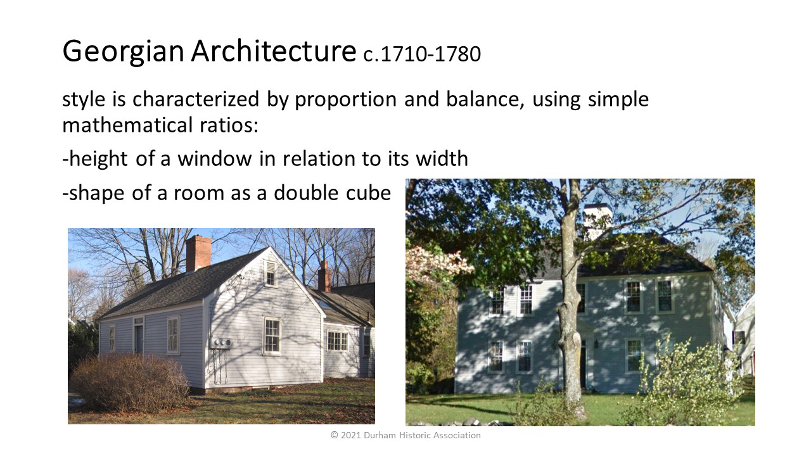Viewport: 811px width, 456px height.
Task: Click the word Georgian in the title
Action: (x=123, y=51)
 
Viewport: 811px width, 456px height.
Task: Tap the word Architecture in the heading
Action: (x=274, y=51)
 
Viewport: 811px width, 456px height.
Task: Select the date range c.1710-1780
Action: (x=422, y=54)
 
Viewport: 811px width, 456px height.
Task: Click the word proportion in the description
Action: (x=346, y=99)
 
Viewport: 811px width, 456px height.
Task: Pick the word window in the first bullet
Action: (x=214, y=158)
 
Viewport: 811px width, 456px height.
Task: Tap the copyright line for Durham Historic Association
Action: (x=405, y=435)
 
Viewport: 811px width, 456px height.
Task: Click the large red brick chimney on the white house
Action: (x=198, y=253)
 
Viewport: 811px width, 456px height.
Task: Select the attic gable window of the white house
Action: (x=270, y=274)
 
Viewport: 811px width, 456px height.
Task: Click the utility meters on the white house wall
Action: (x=222, y=343)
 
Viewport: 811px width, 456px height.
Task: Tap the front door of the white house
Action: (x=139, y=338)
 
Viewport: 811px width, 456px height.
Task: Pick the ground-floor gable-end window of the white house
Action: (x=272, y=336)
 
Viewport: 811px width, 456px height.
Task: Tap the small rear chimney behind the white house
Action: (x=324, y=277)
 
